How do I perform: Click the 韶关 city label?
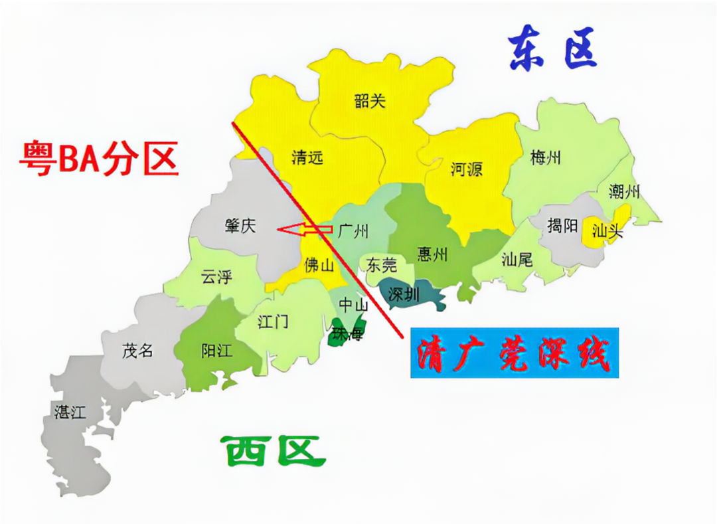(x=370, y=102)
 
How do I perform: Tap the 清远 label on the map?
(x=307, y=157)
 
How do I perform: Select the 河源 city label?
(x=466, y=169)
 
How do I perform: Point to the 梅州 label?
(x=546, y=158)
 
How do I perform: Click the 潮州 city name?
(x=624, y=192)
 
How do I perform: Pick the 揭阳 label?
(x=562, y=226)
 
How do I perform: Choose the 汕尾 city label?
(x=517, y=259)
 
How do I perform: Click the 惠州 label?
(x=432, y=254)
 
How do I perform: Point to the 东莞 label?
(x=382, y=266)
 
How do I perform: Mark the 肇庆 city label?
(x=240, y=226)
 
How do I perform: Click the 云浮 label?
(x=216, y=277)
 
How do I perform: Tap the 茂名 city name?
(x=137, y=351)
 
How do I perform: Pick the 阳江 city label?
(x=216, y=351)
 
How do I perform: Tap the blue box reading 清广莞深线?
(x=514, y=353)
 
